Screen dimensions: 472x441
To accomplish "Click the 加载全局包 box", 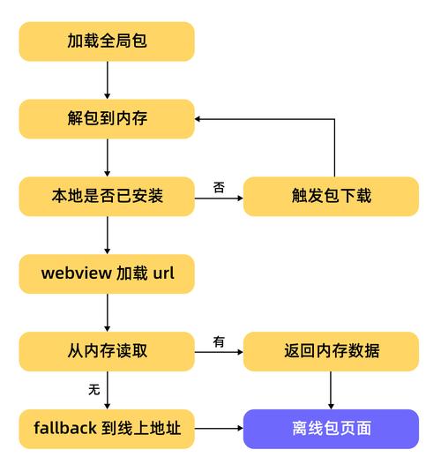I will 107,41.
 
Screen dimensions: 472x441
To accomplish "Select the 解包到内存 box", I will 107,118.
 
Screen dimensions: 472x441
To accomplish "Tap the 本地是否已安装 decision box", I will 107,196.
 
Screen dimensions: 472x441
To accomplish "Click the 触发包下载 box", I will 331,196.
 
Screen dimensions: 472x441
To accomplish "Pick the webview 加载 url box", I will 107,273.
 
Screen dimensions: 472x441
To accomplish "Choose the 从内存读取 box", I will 107,351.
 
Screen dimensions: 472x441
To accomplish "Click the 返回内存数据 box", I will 331,351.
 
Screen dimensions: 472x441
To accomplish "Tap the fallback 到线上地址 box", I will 107,429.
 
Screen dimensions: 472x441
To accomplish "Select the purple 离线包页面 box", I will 331,429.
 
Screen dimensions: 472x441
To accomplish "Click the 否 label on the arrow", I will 219,187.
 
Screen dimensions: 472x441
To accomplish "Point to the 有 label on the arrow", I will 219,342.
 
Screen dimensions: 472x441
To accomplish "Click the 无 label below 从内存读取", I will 93,389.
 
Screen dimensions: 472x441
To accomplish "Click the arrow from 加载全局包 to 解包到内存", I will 107,80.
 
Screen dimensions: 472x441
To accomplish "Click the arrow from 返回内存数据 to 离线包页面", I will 331,390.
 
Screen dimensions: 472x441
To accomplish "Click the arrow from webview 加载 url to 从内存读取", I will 107,312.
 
